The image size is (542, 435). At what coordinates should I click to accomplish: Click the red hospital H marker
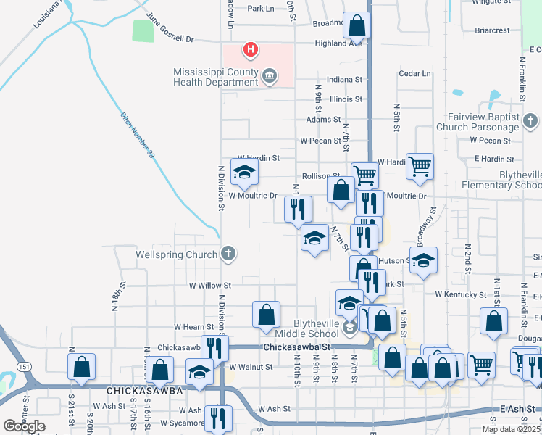click(251, 49)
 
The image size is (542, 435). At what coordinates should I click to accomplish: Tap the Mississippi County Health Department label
click(215, 77)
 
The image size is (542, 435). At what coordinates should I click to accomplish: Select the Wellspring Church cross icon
click(228, 254)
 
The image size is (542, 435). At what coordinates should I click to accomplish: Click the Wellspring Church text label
click(176, 254)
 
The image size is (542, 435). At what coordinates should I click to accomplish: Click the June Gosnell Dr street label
click(170, 28)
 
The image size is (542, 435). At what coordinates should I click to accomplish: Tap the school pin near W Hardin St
click(244, 172)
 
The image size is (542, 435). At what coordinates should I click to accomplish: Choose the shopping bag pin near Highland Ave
click(357, 25)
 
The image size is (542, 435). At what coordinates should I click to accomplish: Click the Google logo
click(24, 426)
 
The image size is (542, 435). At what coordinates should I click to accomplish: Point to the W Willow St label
click(209, 286)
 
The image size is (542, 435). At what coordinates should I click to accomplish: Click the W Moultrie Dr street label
click(253, 196)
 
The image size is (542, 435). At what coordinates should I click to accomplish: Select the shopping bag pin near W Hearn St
click(266, 314)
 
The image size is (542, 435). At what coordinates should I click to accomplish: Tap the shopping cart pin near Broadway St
click(420, 166)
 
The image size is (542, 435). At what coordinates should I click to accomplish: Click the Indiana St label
click(344, 79)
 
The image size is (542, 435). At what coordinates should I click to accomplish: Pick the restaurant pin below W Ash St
click(217, 418)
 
